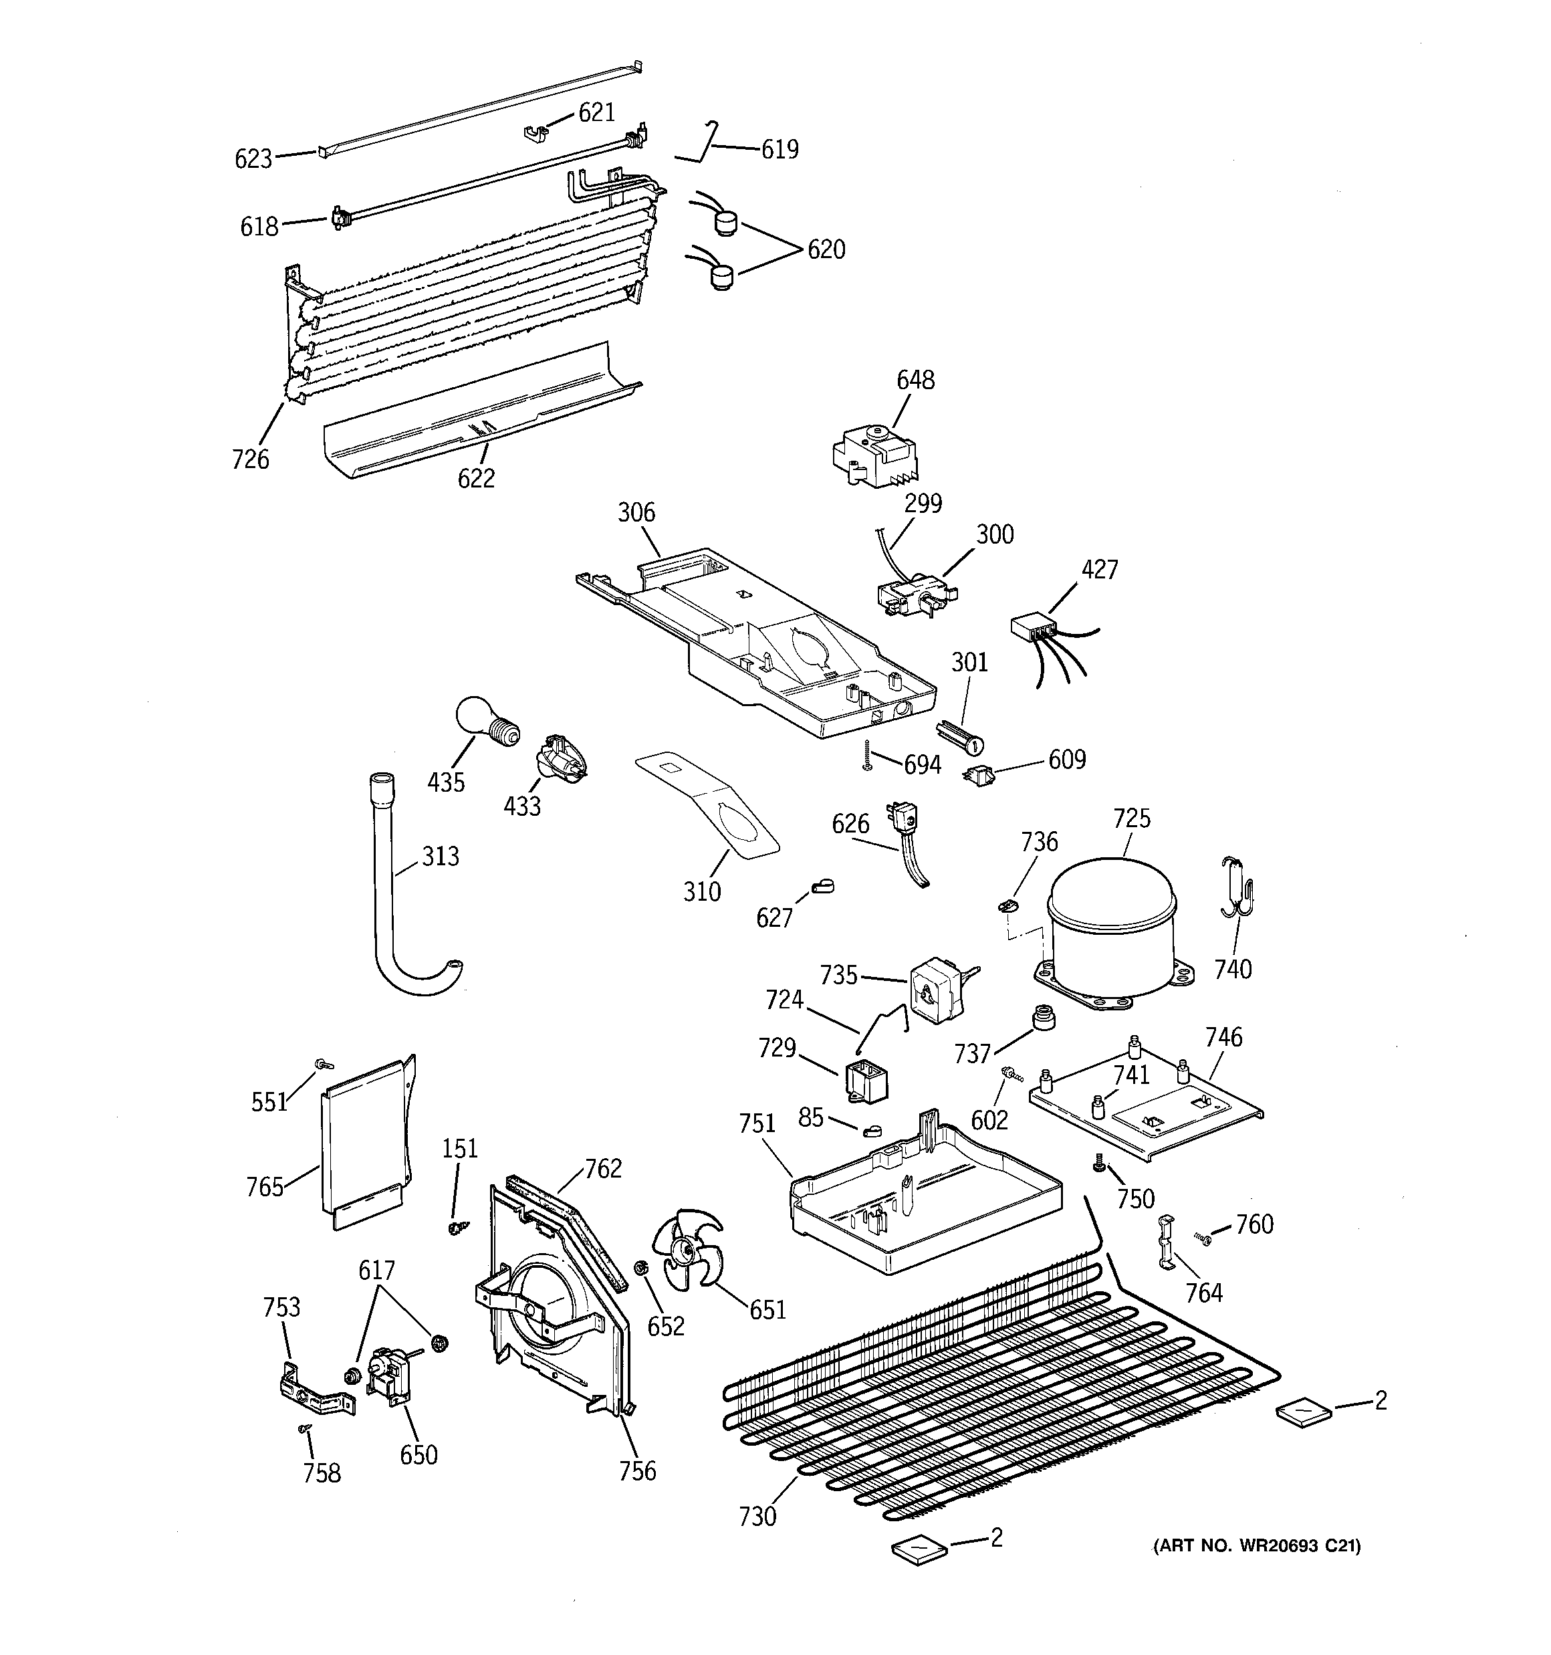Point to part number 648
[915, 380]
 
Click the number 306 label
[636, 512]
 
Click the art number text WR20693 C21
[1256, 1546]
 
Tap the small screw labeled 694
[866, 754]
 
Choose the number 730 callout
[757, 1516]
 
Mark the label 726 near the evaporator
[250, 459]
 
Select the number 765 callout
[265, 1186]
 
